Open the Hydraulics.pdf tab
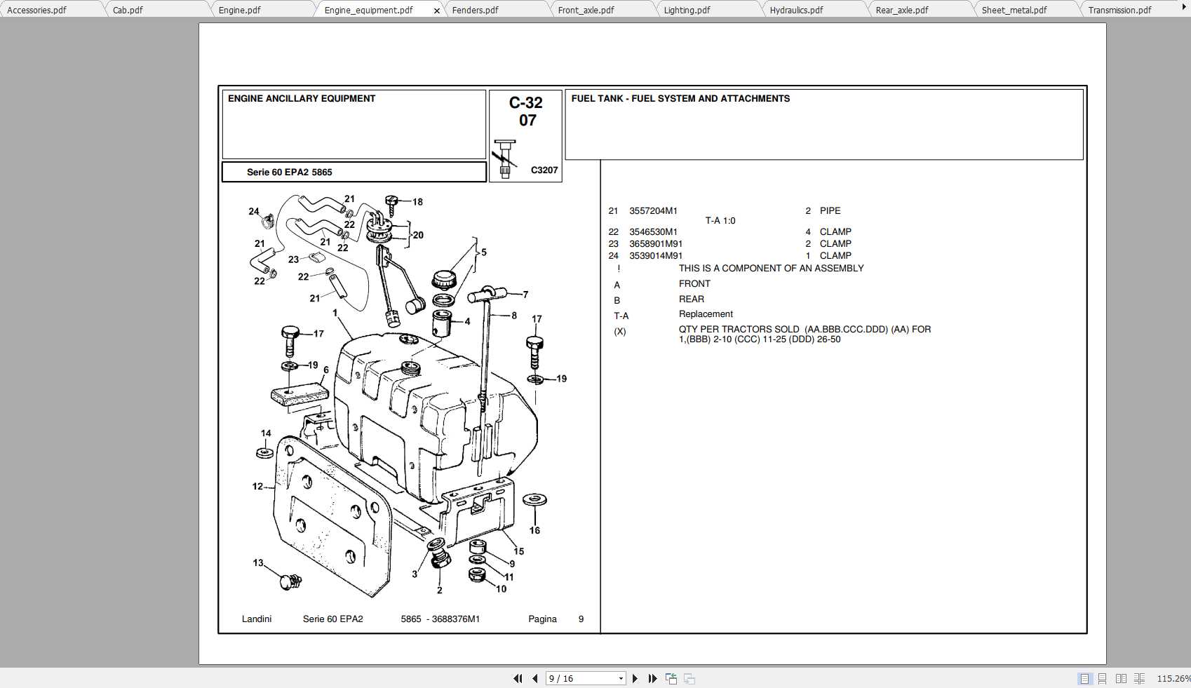(x=796, y=10)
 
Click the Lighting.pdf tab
(x=687, y=10)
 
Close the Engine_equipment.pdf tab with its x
(x=437, y=11)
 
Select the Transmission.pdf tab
(x=1119, y=10)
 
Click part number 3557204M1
(x=653, y=210)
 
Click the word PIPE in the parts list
(x=830, y=210)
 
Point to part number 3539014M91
(x=655, y=256)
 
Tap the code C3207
(x=544, y=170)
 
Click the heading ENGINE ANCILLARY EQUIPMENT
(x=302, y=99)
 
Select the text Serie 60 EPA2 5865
(x=289, y=172)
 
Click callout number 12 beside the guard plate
(x=257, y=486)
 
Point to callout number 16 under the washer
(x=534, y=530)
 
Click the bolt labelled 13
(x=290, y=581)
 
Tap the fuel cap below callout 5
(x=444, y=279)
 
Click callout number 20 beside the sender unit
(x=418, y=235)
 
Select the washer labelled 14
(x=264, y=452)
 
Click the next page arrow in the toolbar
(x=635, y=678)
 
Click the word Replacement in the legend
(x=706, y=314)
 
